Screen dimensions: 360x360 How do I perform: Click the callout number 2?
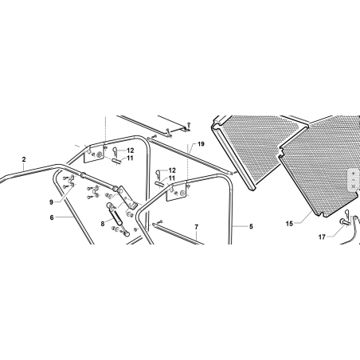24,159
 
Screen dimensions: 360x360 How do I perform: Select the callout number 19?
201,144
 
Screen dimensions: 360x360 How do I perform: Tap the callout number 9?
51,202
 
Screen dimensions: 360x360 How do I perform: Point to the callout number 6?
52,217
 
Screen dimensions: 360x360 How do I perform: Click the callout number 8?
103,224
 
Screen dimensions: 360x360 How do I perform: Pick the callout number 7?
197,227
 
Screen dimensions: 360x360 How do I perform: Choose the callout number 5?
251,226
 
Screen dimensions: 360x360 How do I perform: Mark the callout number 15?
289,224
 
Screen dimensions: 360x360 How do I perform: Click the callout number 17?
322,237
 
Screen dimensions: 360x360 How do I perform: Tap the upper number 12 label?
131,151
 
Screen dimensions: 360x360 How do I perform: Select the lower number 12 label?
172,170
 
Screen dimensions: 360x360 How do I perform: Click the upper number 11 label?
130,158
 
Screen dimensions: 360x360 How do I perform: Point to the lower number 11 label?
172,178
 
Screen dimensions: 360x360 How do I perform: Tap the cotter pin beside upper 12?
114,151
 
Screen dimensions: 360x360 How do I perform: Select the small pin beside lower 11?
159,183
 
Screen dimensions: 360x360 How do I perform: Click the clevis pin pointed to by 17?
344,221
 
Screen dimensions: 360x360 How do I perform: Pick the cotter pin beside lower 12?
157,173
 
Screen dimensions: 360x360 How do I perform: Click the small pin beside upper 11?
117,160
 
